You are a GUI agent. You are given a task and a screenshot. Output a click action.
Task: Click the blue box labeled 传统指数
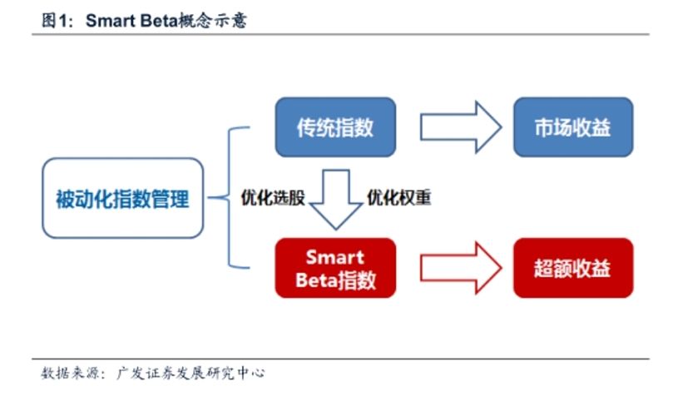coord(335,127)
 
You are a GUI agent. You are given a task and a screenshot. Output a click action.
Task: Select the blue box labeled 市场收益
coord(573,127)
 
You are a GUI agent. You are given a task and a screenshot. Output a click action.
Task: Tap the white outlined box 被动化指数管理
coord(123,199)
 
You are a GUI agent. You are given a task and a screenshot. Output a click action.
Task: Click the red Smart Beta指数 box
coord(335,268)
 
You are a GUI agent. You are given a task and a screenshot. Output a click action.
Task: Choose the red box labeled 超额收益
coord(573,268)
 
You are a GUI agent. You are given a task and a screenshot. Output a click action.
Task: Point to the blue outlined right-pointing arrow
coord(461,127)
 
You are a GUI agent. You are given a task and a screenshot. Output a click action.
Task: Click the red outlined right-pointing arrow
coord(461,268)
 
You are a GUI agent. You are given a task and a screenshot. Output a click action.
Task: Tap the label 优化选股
coord(273,197)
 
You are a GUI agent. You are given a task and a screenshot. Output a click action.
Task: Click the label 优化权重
coord(399,197)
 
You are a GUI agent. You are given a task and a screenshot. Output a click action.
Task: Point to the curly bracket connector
coord(229,197)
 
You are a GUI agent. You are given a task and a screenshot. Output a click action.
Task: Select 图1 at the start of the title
coord(55,20)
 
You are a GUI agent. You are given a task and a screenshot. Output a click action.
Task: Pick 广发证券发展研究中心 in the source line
coord(191,373)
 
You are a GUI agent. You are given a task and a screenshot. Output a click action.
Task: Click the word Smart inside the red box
coord(335,257)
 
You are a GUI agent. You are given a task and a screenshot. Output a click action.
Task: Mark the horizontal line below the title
coord(341,34)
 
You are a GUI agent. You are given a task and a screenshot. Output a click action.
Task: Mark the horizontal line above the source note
coord(341,359)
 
